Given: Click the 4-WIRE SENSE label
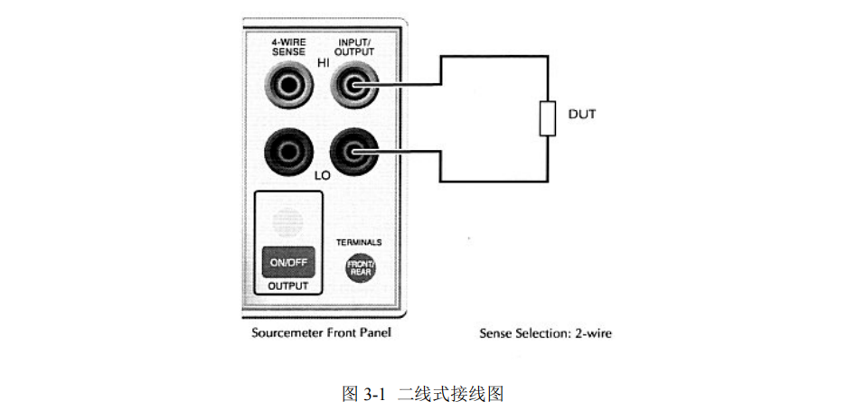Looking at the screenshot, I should [287, 47].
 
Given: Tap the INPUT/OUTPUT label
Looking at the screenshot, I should [354, 47].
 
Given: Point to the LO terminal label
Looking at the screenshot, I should [323, 174].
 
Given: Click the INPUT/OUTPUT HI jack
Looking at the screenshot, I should [354, 88].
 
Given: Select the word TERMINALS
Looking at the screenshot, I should [359, 242].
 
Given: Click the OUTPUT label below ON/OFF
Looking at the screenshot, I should [288, 286].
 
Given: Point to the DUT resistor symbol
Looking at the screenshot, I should [547, 118].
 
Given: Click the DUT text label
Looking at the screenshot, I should [582, 115].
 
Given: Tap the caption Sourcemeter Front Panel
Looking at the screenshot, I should [321, 333].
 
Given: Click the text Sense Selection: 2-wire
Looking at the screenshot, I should [545, 333].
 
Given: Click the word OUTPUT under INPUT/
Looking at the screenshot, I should [354, 52].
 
